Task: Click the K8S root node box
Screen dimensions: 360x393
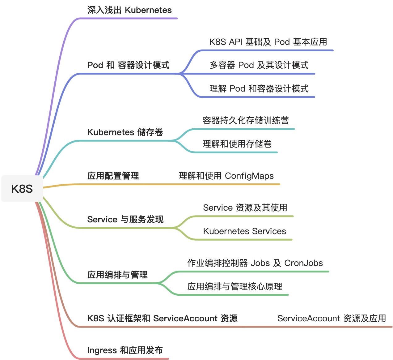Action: pyautogui.click(x=22, y=189)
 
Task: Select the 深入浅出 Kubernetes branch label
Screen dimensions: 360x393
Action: pyautogui.click(x=129, y=10)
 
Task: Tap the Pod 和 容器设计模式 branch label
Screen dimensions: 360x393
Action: pyautogui.click(x=128, y=65)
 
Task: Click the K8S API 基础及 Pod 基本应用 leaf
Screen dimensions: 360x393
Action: pyautogui.click(x=268, y=42)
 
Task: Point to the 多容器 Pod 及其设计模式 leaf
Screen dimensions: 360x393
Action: pyautogui.click(x=259, y=65)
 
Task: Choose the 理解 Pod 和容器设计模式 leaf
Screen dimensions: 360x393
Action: pyautogui.click(x=259, y=89)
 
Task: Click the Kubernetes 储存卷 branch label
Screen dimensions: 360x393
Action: pyautogui.click(x=125, y=132)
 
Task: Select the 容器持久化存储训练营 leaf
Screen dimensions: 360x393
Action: pyautogui.click(x=246, y=120)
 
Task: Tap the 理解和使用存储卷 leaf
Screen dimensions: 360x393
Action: pyautogui.click(x=237, y=144)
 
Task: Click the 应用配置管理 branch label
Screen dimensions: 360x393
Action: pyautogui.click(x=113, y=176)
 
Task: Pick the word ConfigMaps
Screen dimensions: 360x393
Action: pyautogui.click(x=249, y=176)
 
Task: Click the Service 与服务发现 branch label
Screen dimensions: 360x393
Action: pyautogui.click(x=125, y=220)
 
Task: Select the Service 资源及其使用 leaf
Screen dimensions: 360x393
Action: pyautogui.click(x=245, y=208)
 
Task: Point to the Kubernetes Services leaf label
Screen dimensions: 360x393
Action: pyautogui.click(x=244, y=231)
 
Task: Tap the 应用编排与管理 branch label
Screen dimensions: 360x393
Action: pyautogui.click(x=117, y=275)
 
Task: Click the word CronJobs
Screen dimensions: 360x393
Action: pyautogui.click(x=303, y=263)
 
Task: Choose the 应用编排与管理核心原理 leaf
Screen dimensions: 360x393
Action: pyautogui.click(x=235, y=287)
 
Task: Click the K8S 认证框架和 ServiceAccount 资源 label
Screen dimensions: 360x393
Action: pyautogui.click(x=162, y=319)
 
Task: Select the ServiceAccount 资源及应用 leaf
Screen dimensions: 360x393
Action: pyautogui.click(x=332, y=319)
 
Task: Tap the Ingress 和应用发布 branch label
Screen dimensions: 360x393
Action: pyautogui.click(x=125, y=350)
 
